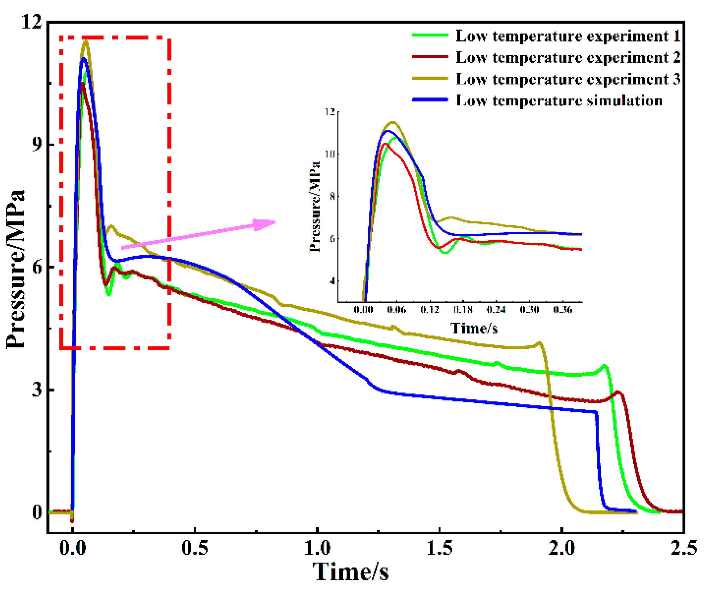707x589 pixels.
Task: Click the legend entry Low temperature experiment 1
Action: (x=568, y=36)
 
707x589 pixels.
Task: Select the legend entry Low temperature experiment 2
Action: (x=568, y=58)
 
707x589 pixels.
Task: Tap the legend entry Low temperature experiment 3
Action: (x=568, y=79)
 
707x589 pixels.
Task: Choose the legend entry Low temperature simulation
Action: (x=559, y=101)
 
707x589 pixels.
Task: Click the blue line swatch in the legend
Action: (x=430, y=100)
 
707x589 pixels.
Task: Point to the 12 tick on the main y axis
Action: (x=31, y=22)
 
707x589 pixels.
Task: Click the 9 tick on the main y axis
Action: (x=36, y=145)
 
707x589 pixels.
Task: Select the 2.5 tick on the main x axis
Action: (x=683, y=548)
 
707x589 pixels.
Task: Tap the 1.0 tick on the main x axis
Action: (x=317, y=548)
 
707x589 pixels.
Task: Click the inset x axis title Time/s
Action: (x=474, y=328)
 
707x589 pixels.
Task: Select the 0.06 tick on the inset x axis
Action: (x=396, y=310)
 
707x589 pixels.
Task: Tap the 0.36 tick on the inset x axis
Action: (x=563, y=310)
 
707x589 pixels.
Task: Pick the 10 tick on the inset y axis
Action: (x=330, y=154)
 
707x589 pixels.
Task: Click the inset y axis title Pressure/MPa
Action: (x=314, y=207)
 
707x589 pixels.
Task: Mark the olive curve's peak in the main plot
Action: (x=86, y=41)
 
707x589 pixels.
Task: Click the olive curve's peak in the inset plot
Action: (x=393, y=122)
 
